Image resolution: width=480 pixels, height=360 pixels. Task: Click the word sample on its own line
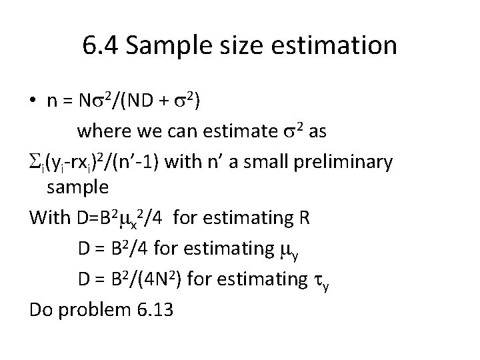(77, 188)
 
